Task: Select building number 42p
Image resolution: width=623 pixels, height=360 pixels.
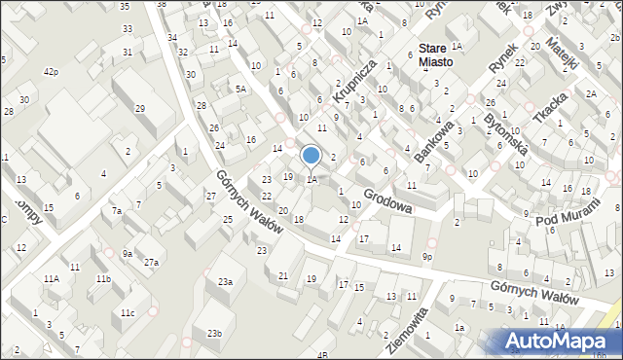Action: tap(51, 72)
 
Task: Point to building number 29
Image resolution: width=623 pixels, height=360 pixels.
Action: tap(140, 108)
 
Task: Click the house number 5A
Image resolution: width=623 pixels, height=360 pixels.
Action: tap(241, 89)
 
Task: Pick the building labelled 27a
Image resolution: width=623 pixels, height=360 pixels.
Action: tap(151, 262)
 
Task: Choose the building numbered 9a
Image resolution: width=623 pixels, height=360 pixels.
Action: tap(128, 254)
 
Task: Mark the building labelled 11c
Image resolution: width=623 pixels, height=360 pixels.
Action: tap(128, 312)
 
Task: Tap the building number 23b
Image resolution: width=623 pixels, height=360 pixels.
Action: tap(214, 334)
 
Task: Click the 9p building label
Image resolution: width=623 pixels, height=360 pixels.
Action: tap(427, 256)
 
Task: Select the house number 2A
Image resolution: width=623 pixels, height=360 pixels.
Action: tap(591, 93)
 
